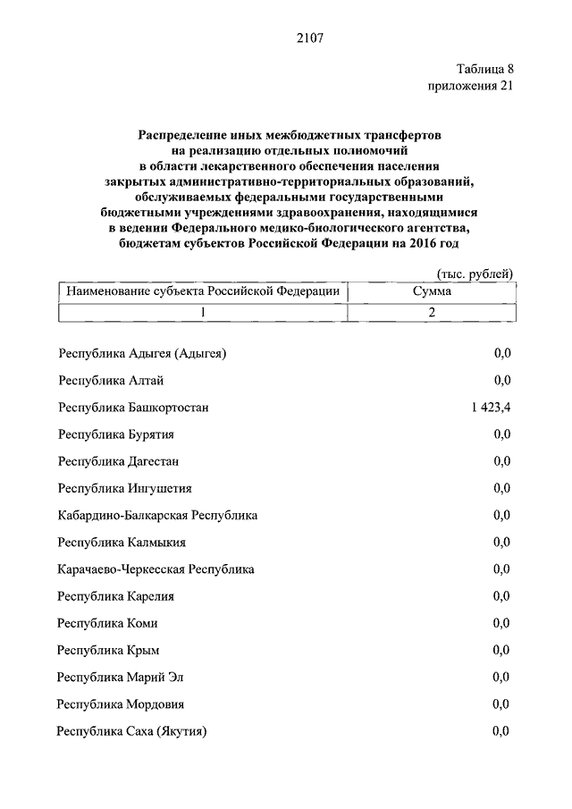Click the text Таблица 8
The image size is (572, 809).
[x=484, y=69]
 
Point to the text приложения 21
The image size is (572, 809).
[x=471, y=86]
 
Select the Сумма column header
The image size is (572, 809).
[x=432, y=291]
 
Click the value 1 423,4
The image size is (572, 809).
[x=486, y=408]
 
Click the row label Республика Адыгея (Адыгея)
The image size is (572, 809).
[x=142, y=354]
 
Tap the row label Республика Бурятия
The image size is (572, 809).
[x=115, y=434]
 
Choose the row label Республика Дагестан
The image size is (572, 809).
[x=119, y=461]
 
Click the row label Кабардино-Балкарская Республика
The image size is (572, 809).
[x=157, y=516]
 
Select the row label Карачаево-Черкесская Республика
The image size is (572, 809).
[x=156, y=569]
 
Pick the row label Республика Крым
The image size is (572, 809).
[x=108, y=650]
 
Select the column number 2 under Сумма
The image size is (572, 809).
[x=431, y=312]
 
